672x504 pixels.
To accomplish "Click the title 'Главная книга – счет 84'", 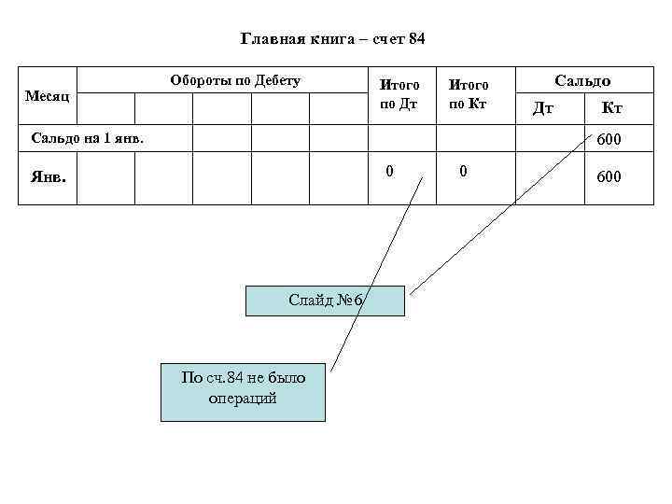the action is click(332, 39).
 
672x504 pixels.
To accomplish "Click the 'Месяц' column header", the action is click(47, 96).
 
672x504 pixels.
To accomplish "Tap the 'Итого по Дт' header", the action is click(399, 94).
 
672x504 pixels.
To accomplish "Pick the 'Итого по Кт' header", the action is click(469, 94).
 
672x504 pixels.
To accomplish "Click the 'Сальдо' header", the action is click(582, 81).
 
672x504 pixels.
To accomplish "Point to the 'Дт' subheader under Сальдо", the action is click(543, 109).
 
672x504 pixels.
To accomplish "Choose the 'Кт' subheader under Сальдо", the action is click(611, 109).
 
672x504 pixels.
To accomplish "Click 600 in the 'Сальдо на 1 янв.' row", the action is click(609, 139).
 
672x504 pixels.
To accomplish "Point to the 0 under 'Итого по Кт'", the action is click(462, 172).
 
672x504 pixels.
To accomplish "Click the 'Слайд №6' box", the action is click(325, 301).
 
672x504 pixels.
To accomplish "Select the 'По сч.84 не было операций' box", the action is click(243, 387).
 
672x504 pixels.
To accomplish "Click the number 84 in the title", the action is click(416, 39).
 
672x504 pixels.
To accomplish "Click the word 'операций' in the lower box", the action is click(243, 398).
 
